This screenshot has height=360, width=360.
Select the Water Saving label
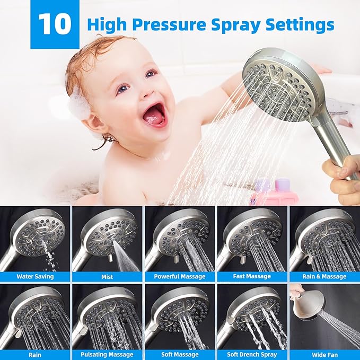tap(35, 276)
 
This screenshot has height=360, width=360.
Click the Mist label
tap(107, 276)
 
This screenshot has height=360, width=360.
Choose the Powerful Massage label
tap(179, 276)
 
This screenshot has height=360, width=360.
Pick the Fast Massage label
tap(252, 276)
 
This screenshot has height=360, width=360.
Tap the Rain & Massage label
tap(324, 276)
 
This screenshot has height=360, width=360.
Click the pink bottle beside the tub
tap(270, 194)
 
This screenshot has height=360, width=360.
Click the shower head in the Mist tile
tap(109, 231)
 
